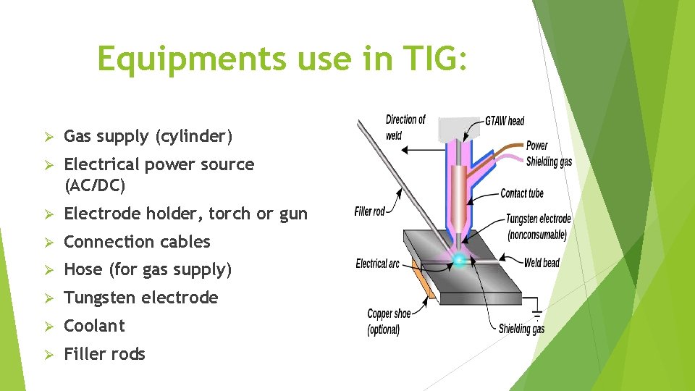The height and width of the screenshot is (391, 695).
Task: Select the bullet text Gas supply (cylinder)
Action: pyautogui.click(x=148, y=136)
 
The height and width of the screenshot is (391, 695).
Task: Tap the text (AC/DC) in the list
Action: pyautogui.click(x=95, y=186)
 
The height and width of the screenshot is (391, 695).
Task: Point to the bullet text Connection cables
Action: pyautogui.click(x=137, y=242)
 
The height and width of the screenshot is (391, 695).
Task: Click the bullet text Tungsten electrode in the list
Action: pyautogui.click(x=140, y=298)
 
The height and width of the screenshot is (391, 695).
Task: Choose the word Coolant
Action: pyautogui.click(x=94, y=326)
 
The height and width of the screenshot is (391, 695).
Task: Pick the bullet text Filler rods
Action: pyautogui.click(x=104, y=354)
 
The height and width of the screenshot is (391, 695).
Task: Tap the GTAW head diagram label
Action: pyautogui.click(x=505, y=120)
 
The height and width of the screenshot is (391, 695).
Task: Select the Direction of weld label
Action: pyautogui.click(x=405, y=127)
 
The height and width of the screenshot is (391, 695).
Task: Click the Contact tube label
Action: pyautogui.click(x=521, y=193)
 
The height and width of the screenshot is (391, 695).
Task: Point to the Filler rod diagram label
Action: pyautogui.click(x=370, y=211)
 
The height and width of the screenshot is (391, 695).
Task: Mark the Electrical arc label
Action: pyautogui.click(x=377, y=264)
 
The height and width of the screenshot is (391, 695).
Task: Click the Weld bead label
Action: pyautogui.click(x=542, y=263)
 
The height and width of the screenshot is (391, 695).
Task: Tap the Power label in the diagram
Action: pyautogui.click(x=536, y=146)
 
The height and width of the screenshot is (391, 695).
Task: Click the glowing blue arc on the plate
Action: pyautogui.click(x=459, y=259)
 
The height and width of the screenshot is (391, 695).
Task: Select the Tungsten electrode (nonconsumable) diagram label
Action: pyautogui.click(x=538, y=227)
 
